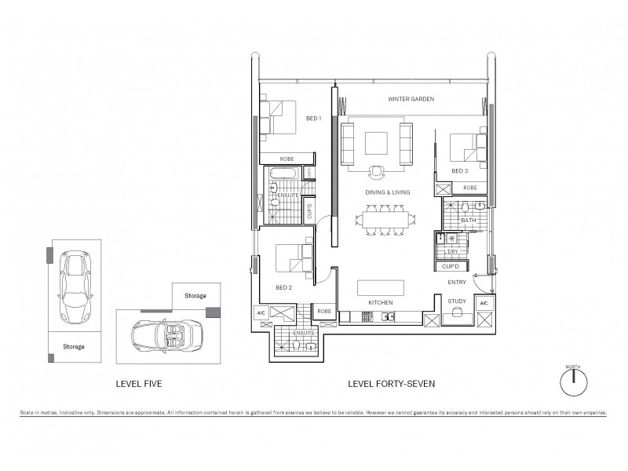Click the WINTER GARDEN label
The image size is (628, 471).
click(411, 99)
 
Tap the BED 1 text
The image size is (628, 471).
click(313, 118)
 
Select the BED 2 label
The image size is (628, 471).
click(284, 287)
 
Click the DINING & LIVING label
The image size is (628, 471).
click(385, 192)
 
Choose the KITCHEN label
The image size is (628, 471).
click(380, 302)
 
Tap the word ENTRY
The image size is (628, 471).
click(458, 282)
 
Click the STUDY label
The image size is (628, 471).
click(456, 301)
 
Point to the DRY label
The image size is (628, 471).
click(452, 251)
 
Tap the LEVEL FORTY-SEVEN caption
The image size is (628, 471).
click(391, 384)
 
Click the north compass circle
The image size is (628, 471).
click(574, 383)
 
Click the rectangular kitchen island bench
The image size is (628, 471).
click(380, 287)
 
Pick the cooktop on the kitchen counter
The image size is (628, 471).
click(366, 317)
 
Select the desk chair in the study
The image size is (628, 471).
click(455, 316)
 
